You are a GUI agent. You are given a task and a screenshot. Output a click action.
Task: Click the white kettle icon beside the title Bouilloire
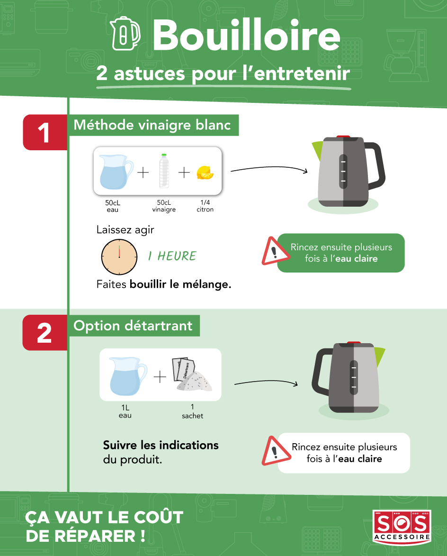[x=125, y=34]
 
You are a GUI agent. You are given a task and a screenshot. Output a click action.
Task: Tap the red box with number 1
[x=45, y=132]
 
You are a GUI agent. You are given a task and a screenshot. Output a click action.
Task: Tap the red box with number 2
[x=45, y=333]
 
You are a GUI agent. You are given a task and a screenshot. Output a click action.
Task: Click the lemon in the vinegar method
[x=205, y=173]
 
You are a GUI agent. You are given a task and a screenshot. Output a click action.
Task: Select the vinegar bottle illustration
[x=164, y=171]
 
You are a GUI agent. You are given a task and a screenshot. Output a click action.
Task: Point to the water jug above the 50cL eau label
[x=116, y=172]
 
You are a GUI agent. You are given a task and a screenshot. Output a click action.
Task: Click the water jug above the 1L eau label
[x=127, y=376]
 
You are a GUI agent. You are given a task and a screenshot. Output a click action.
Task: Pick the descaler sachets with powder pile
[x=192, y=374]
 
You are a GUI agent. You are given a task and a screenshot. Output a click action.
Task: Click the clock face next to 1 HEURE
[x=119, y=257]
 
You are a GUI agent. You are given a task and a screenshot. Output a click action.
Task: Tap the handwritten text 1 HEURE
[x=172, y=256]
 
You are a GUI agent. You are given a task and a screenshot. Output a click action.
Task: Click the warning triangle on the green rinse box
[x=274, y=251]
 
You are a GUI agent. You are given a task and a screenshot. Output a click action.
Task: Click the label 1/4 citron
[x=205, y=206]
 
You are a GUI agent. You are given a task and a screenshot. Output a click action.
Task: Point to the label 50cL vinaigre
[x=164, y=206]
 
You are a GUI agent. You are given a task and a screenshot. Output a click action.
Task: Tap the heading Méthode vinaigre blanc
[x=152, y=125]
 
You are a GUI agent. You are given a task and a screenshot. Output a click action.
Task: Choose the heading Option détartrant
[x=133, y=326]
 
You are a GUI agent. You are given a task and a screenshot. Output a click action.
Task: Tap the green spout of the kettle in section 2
[x=380, y=356]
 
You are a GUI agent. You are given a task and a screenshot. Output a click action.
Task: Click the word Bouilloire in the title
[x=247, y=35]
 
